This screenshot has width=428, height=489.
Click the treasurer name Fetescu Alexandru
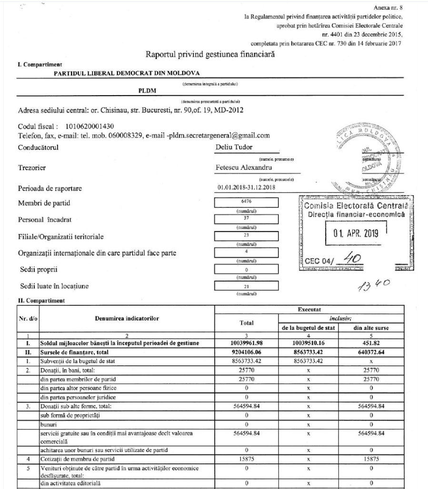click(x=240, y=167)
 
